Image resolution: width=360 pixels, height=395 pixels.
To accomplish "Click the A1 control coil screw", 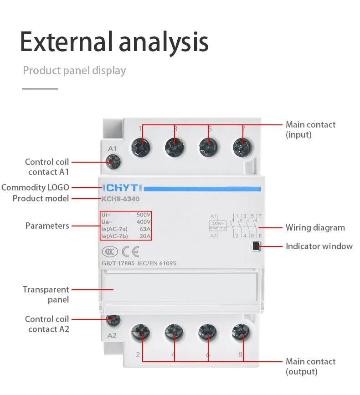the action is pos(113,161).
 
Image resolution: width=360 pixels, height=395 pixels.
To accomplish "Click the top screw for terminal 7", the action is pos(242,147).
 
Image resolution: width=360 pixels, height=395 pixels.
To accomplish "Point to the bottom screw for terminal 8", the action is pos(240,333).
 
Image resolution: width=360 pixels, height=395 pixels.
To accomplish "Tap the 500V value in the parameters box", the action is pos(144,214).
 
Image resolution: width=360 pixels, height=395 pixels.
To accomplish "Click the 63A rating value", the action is pos(144,229).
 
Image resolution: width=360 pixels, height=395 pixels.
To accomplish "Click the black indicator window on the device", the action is pos(256,246).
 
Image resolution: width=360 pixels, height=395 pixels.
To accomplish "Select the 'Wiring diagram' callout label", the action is pos(315,228).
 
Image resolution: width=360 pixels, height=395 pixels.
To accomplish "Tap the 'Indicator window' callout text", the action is pos(319,246).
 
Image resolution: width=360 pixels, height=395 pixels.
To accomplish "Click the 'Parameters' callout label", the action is pos(47,226).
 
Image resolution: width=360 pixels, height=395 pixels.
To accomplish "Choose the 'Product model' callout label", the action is pos(41,199).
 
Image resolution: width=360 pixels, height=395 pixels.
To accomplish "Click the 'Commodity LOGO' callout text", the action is pos(36,188).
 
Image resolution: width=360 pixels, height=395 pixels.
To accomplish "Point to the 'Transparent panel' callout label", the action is pos(46,294).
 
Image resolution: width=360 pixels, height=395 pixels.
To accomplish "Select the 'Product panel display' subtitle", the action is pos(74,71).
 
